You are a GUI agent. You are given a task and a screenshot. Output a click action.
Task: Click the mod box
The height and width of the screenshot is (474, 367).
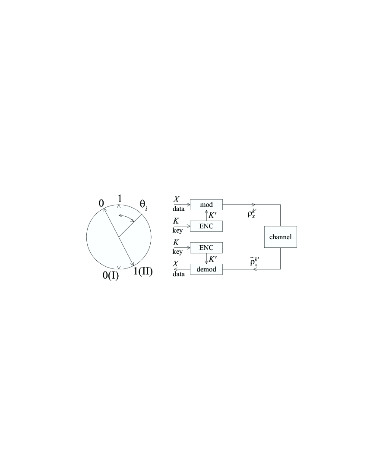(206, 205)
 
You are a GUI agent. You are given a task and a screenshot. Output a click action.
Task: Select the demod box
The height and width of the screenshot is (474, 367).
(206, 269)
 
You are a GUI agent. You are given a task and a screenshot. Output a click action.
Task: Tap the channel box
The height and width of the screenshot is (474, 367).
(280, 237)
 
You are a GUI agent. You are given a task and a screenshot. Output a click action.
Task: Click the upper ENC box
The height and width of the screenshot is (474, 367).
(206, 226)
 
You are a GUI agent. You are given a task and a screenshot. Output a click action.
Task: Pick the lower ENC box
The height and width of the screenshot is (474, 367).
(206, 248)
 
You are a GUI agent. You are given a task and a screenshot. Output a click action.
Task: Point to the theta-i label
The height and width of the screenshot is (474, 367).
(143, 205)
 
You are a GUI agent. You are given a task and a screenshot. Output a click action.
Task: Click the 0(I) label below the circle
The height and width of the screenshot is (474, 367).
(111, 275)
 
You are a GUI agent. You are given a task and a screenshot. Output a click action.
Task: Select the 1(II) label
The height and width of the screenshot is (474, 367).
(143, 271)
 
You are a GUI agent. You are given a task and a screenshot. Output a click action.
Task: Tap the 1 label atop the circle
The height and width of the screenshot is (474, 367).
(120, 199)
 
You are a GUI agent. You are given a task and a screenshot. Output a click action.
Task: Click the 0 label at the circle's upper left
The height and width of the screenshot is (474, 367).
(101, 203)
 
